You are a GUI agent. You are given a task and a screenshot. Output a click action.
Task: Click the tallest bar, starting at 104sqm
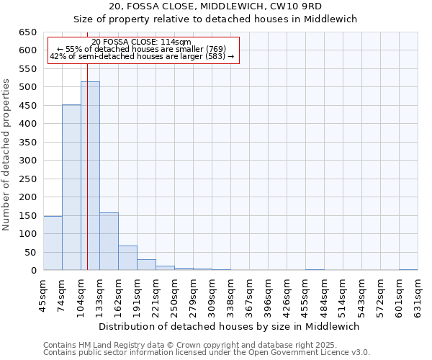90,176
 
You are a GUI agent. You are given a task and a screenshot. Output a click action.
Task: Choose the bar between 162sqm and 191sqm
127,258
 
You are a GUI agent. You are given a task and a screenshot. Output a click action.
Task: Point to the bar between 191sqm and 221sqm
146,265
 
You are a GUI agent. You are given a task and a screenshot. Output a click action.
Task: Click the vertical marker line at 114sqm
87,166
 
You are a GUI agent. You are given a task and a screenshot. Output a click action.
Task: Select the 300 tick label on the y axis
27,161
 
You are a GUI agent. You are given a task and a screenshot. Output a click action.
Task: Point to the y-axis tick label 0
33,271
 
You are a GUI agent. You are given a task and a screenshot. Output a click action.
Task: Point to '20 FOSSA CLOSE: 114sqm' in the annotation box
142,42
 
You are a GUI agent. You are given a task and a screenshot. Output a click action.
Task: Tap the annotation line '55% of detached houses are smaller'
142,49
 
